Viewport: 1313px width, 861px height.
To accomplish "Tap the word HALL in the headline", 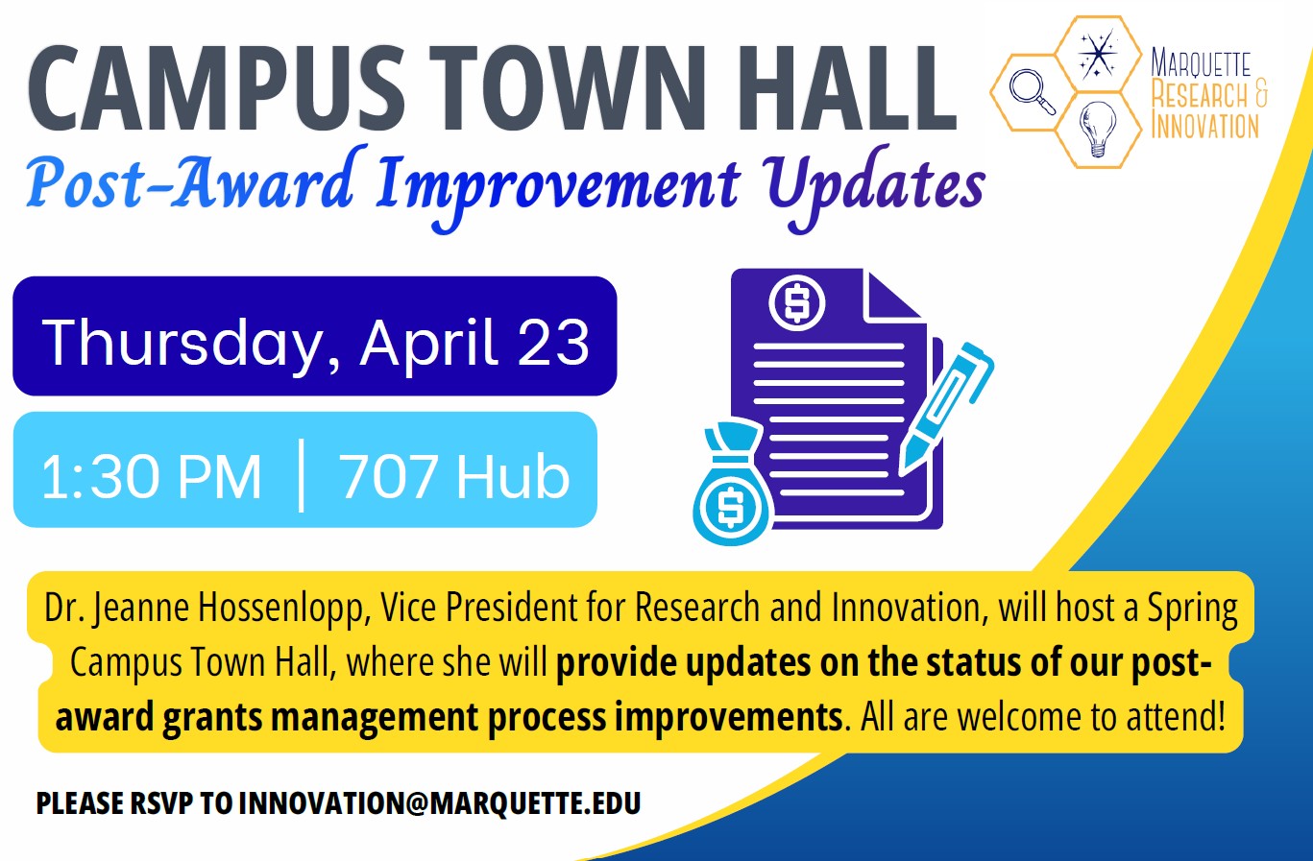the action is [846, 88].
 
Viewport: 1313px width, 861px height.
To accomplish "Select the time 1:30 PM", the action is [151, 477].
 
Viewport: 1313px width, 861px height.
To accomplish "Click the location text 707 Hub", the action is [454, 477].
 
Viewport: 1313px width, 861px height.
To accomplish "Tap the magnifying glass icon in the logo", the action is [1033, 92].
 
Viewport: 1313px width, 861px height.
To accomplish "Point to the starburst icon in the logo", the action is [1098, 54].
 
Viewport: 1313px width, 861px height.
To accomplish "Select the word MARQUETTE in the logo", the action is [1201, 63].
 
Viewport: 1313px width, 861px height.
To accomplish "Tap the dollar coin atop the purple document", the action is [796, 303].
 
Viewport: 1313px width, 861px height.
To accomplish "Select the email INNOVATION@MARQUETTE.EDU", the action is [440, 803].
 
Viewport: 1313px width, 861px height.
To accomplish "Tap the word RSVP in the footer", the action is [160, 803].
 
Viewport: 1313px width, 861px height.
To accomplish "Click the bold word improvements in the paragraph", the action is [729, 717].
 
